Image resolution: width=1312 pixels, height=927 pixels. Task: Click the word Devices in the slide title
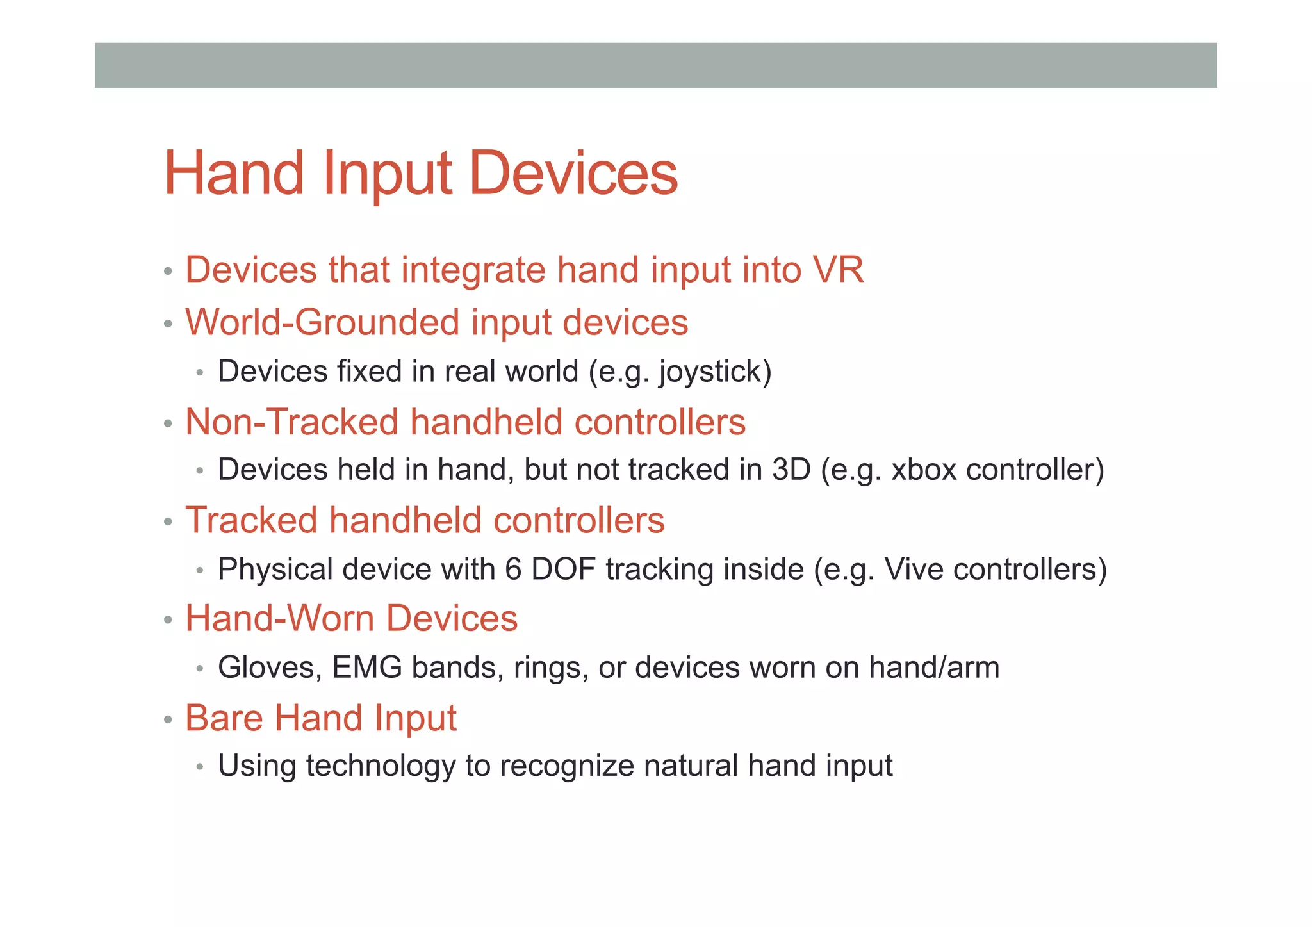573,173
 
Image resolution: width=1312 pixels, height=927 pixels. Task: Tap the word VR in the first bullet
838,270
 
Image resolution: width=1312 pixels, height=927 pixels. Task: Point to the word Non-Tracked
291,422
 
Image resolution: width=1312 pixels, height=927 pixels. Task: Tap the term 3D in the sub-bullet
791,470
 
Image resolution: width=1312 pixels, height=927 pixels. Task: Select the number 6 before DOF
513,569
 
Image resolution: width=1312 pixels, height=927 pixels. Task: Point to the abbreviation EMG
367,668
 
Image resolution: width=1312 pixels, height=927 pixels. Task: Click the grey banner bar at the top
655,65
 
